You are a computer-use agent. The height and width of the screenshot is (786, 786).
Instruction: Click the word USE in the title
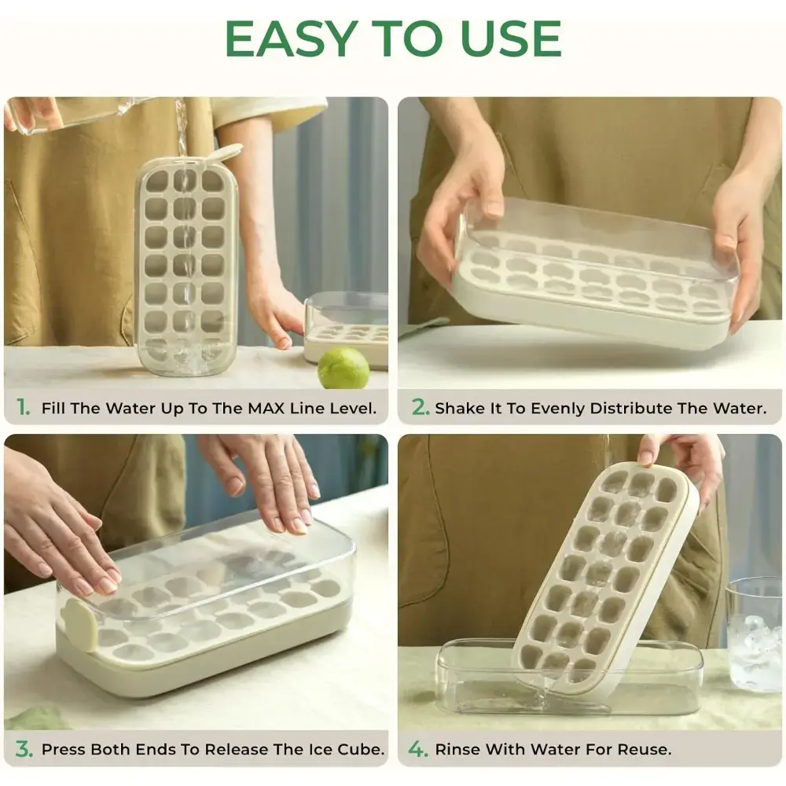pos(510,39)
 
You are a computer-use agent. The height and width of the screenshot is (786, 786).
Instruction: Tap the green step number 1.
pos(23,407)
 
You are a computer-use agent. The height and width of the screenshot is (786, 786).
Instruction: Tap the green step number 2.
pos(420,407)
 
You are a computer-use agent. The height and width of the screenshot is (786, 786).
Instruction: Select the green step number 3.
pos(24,749)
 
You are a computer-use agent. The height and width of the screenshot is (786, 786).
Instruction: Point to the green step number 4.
pos(417,749)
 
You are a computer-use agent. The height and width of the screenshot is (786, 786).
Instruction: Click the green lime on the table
pos(343,369)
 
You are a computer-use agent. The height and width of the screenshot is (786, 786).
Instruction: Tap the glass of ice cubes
pos(754,634)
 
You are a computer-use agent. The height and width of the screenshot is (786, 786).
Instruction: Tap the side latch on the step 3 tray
pos(77,623)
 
